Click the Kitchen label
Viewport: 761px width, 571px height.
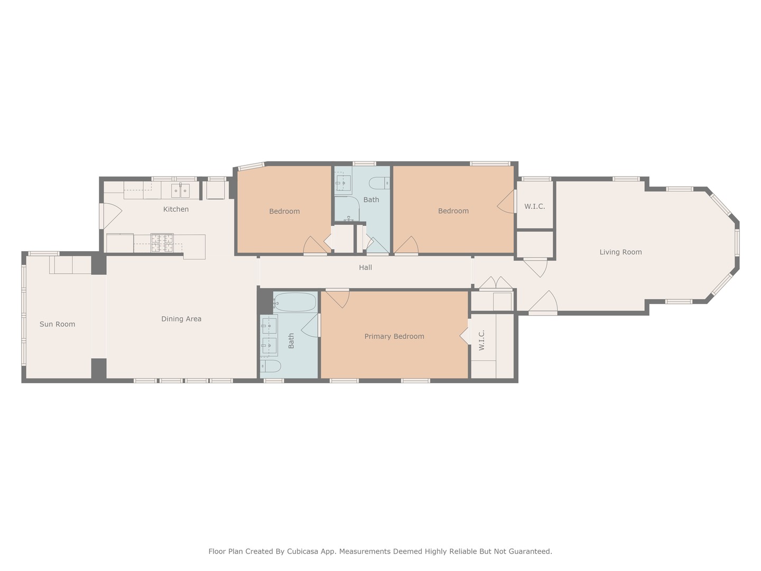point(176,209)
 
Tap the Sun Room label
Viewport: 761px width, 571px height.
point(57,324)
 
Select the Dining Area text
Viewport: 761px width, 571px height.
point(181,319)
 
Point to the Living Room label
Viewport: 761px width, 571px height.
point(620,252)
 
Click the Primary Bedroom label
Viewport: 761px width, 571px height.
point(394,336)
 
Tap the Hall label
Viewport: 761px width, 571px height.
point(365,268)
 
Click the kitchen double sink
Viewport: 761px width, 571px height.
point(180,191)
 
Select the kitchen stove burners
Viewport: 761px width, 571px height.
point(162,243)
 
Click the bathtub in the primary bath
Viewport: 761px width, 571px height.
point(295,302)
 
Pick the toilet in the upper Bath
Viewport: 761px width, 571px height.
point(379,183)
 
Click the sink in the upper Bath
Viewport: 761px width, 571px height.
point(344,182)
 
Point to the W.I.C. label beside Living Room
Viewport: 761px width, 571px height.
point(535,206)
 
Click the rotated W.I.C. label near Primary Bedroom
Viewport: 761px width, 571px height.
point(481,340)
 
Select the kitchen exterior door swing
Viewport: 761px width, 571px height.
point(111,216)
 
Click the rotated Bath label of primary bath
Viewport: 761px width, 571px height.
point(291,341)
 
